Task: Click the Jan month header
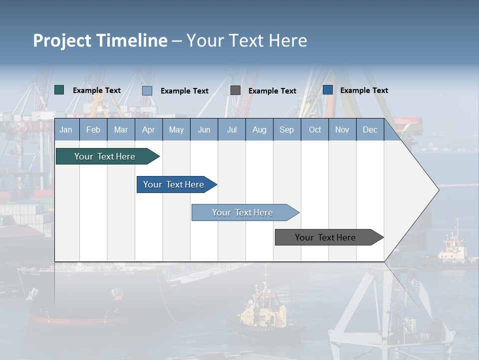coord(66,130)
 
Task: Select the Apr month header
coord(148,130)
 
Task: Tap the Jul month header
coord(232,130)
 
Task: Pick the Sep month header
coord(286,130)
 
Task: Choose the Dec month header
coord(370,130)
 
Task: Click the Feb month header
coord(93,130)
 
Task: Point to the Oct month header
coord(315,130)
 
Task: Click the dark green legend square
coord(59,90)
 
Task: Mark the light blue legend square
coord(147,90)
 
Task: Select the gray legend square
coord(236,90)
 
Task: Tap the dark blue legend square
coord(328,90)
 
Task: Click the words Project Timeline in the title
coord(100,40)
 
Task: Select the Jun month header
coord(204,130)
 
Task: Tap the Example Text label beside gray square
coord(272,91)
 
